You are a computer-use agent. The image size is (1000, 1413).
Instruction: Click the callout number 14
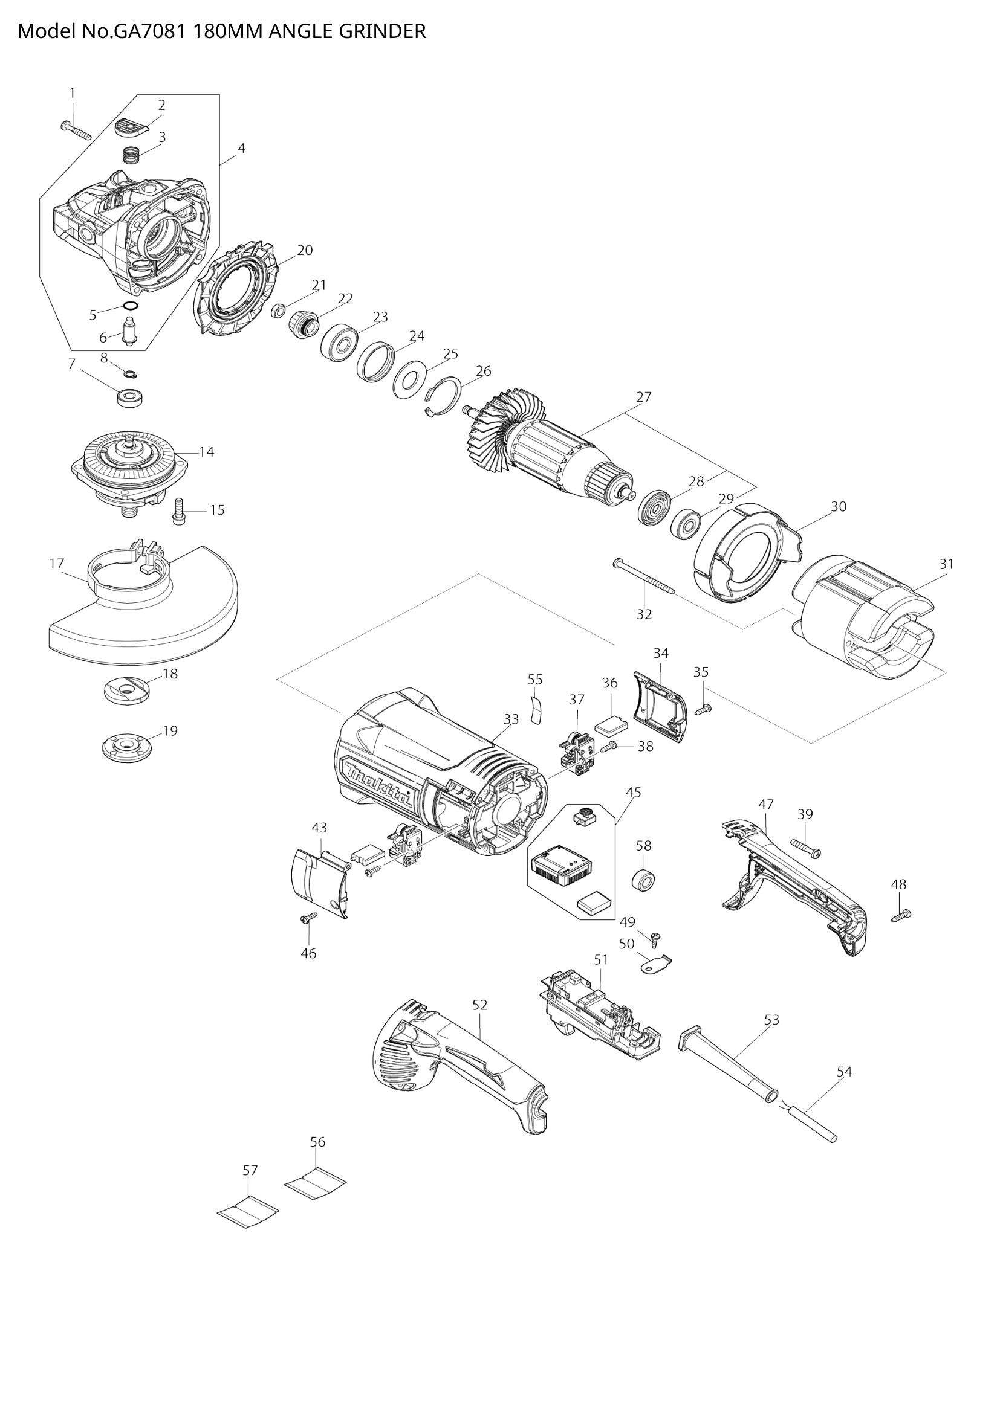point(206,452)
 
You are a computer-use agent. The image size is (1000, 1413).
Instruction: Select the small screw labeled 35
point(703,710)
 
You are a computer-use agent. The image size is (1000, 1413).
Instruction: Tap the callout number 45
point(633,793)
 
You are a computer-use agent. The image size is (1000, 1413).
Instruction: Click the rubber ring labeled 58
point(642,880)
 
